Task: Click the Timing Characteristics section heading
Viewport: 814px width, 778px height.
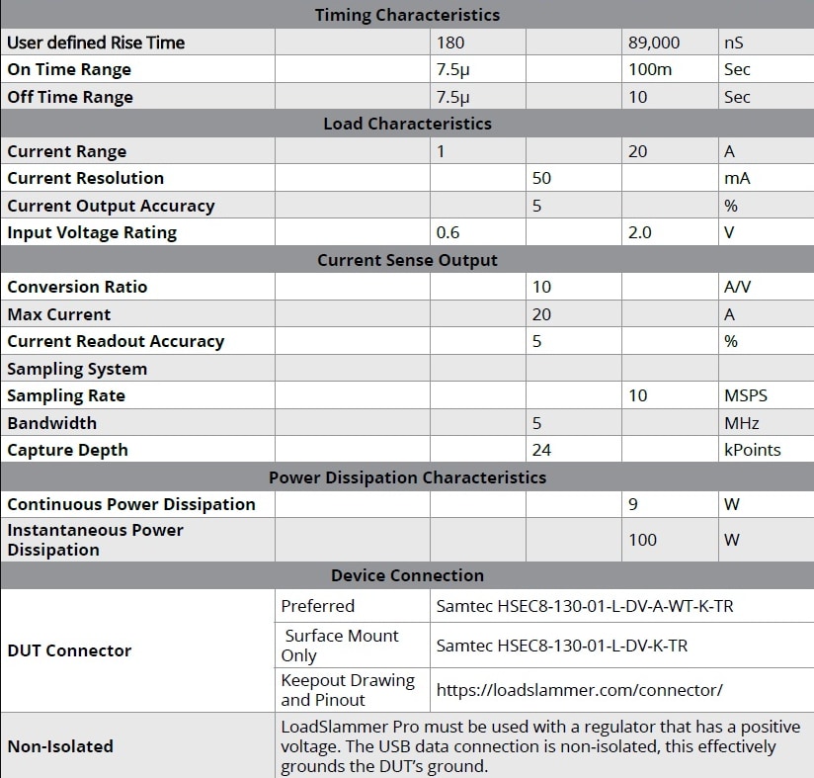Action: (x=407, y=15)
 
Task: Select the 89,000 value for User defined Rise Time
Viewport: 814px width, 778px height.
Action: (x=652, y=43)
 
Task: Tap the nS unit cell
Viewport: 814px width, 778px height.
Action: (x=735, y=43)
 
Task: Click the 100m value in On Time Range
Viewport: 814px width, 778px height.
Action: (x=648, y=69)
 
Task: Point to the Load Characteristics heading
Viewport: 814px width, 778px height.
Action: (x=407, y=124)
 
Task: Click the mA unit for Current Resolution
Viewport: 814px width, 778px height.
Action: (x=737, y=178)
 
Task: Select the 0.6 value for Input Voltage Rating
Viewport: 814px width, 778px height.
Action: (x=448, y=232)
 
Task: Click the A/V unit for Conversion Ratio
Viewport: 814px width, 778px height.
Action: (x=739, y=287)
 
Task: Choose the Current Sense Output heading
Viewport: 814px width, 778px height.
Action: (x=407, y=260)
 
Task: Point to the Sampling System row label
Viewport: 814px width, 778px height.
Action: (x=77, y=369)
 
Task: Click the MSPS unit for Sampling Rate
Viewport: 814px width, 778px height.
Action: (x=745, y=395)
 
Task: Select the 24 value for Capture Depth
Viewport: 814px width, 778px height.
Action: (x=541, y=450)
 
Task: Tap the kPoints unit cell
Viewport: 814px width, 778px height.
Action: (x=752, y=450)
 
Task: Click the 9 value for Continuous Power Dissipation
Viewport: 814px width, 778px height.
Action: (x=633, y=504)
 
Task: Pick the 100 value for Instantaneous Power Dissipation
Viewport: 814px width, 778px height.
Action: (x=642, y=540)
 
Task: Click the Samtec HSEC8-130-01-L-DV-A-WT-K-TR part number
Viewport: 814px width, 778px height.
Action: (x=584, y=606)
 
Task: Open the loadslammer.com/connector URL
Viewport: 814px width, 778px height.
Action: (x=579, y=690)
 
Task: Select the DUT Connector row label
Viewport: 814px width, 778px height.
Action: (x=69, y=650)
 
